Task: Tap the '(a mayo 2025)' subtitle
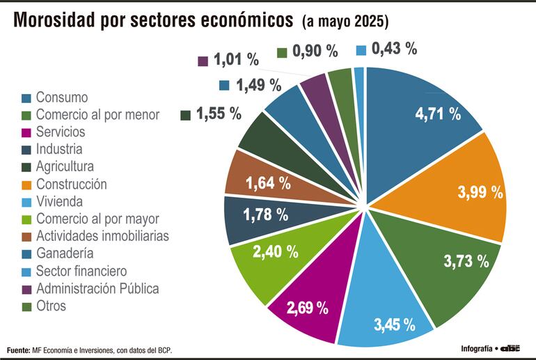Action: pyautogui.click(x=345, y=22)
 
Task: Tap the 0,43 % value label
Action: pyautogui.click(x=394, y=49)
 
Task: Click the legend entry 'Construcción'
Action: pyautogui.click(x=71, y=185)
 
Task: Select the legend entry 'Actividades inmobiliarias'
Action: pyautogui.click(x=102, y=236)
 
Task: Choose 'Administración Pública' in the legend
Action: pyautogui.click(x=97, y=288)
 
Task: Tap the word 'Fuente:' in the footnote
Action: pyautogui.click(x=19, y=349)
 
